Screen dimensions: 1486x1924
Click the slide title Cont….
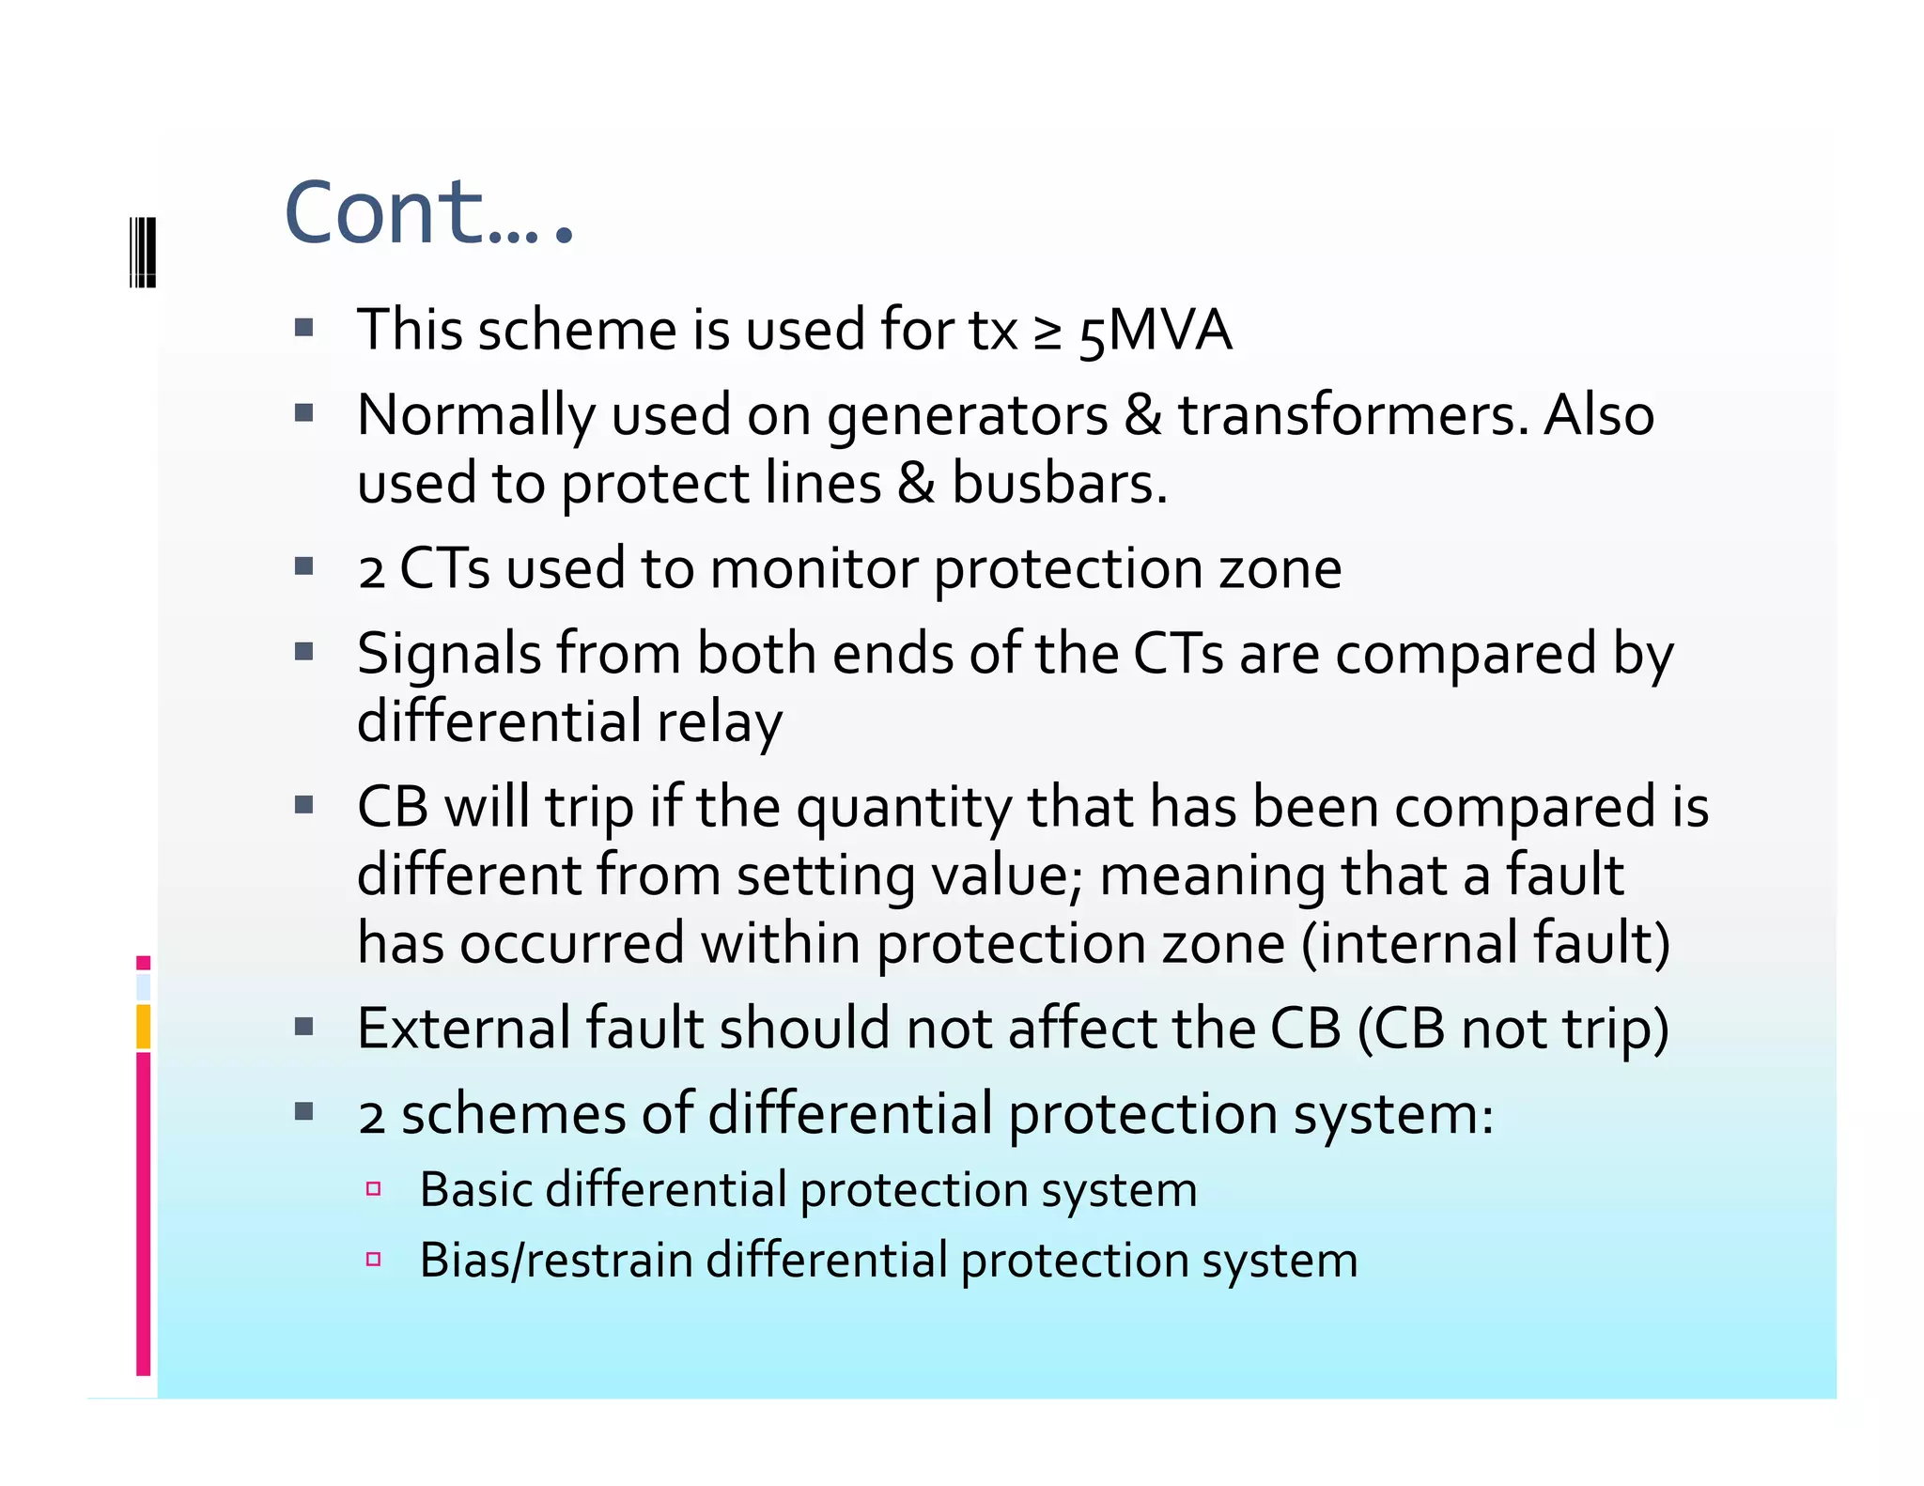point(427,214)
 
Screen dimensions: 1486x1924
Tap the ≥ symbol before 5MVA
point(1047,333)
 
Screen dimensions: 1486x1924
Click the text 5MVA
point(1155,331)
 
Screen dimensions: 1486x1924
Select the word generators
point(967,417)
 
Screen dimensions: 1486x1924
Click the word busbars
point(1059,484)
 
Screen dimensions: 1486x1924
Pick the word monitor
point(814,569)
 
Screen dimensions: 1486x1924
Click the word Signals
point(449,655)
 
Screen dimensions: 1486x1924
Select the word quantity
point(904,810)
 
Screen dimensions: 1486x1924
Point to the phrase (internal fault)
point(1485,944)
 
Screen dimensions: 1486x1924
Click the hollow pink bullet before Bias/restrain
point(373,1260)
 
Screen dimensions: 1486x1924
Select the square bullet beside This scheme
point(303,328)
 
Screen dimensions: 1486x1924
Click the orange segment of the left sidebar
point(143,1026)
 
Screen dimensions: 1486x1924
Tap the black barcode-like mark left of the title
point(142,252)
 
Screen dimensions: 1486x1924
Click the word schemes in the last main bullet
point(513,1115)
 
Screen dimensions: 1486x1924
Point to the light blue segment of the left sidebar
point(143,987)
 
